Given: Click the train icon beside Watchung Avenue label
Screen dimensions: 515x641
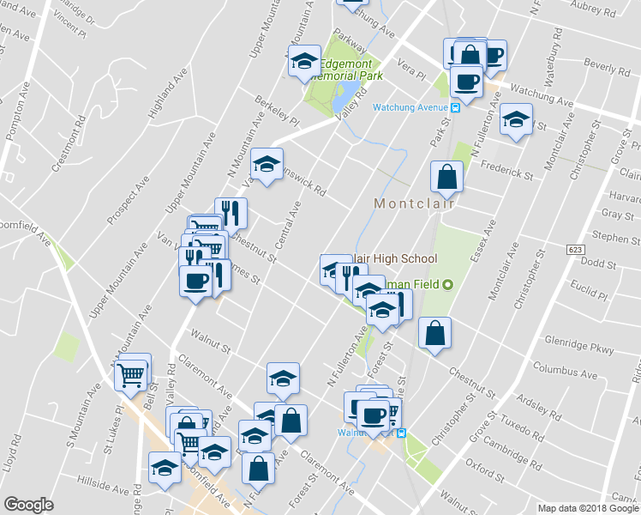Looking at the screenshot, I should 456,107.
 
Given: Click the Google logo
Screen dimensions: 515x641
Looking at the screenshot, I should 28,505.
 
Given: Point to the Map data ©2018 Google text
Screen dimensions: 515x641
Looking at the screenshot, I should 587,508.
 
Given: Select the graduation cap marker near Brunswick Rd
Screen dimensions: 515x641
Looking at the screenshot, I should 267,164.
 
